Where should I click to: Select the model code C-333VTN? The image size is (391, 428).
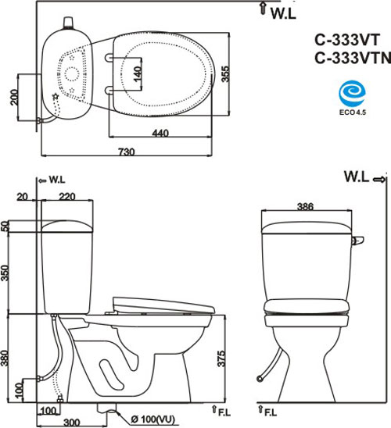coord(350,59)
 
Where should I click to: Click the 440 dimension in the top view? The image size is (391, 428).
coord(160,134)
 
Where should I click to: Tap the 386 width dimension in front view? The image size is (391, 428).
coord(305,206)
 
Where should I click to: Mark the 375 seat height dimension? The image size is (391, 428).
coord(223,359)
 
